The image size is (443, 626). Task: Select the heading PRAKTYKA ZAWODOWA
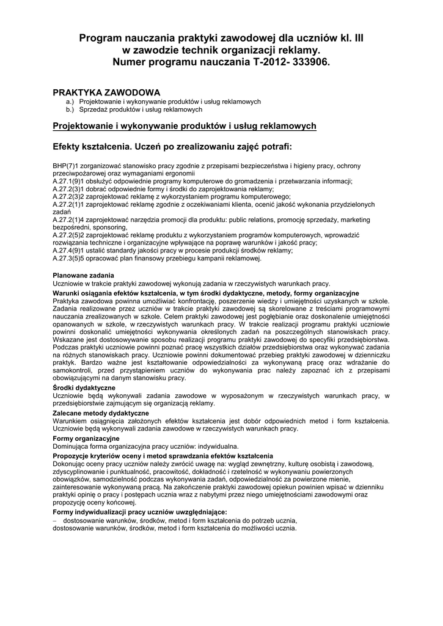click(x=107, y=92)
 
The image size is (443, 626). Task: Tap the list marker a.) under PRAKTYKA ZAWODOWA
click(x=69, y=101)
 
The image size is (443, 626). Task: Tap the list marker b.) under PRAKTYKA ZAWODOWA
click(x=69, y=109)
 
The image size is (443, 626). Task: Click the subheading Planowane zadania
click(x=83, y=276)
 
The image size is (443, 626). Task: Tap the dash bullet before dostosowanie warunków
click(x=55, y=520)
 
